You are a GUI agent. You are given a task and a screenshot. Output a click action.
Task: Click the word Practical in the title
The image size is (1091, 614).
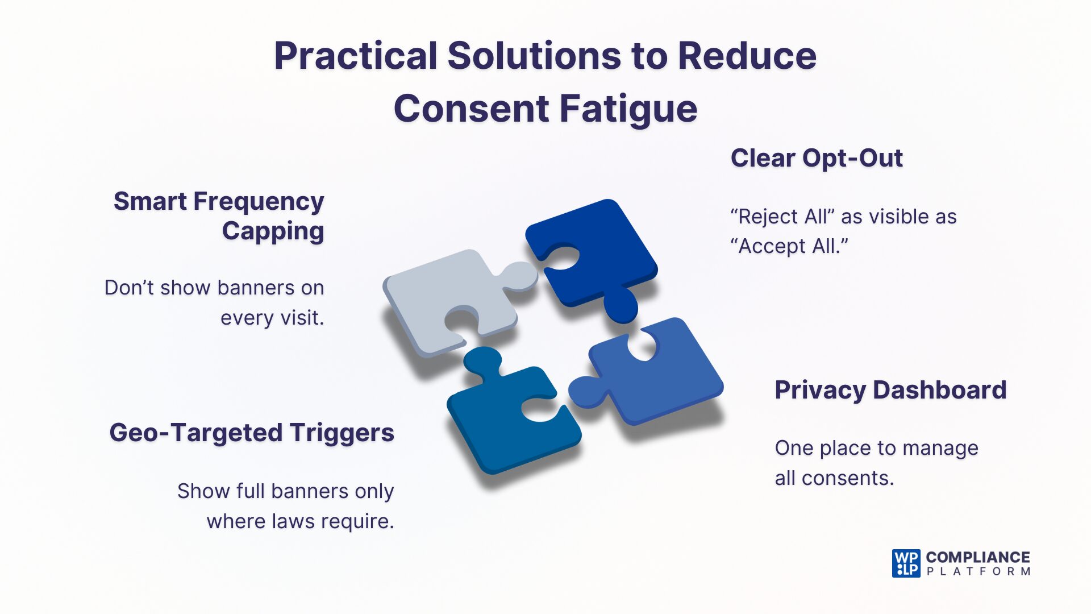pyautogui.click(x=356, y=56)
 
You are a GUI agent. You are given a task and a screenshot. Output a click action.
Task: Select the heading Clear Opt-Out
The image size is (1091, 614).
pyautogui.click(x=816, y=158)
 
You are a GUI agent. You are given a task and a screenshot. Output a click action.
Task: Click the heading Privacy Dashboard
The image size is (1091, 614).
pyautogui.click(x=890, y=390)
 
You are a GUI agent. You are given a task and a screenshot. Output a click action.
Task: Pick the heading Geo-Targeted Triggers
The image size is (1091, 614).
pyautogui.click(x=251, y=433)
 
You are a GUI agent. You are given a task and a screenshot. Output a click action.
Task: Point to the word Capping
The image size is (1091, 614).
pyautogui.click(x=273, y=231)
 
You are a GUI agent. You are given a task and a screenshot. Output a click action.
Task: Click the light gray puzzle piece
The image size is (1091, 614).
pyautogui.click(x=443, y=296)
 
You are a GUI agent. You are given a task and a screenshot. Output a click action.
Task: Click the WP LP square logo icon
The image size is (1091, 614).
pyautogui.click(x=906, y=563)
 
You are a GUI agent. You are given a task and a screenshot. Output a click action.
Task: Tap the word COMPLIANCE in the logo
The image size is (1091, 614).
pyautogui.click(x=977, y=557)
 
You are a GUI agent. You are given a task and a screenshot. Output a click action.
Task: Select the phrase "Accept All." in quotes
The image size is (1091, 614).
pyautogui.click(x=789, y=247)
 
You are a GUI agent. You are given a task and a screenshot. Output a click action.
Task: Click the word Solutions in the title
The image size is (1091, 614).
pyautogui.click(x=534, y=56)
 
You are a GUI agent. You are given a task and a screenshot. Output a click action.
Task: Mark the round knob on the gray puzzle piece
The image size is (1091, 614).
pyautogui.click(x=520, y=276)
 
